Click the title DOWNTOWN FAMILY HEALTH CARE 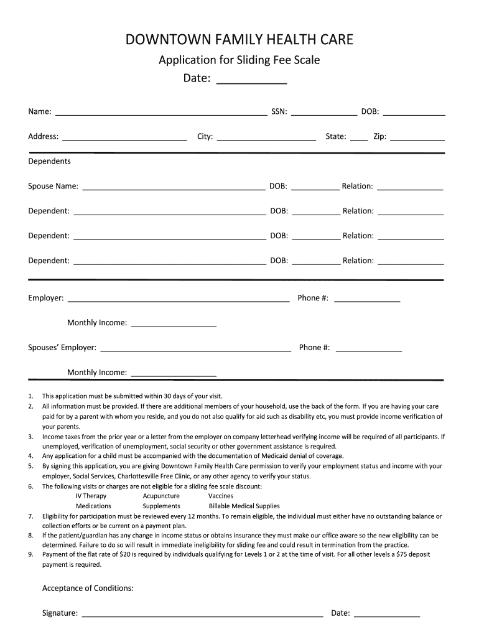(x=240, y=40)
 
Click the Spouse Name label (x=53, y=186)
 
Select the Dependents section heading (x=49, y=161)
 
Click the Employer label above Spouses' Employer (x=45, y=298)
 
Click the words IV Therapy (x=91, y=496)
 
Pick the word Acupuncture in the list (x=161, y=496)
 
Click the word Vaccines (x=221, y=496)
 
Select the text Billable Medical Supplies (x=244, y=506)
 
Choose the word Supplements (x=161, y=506)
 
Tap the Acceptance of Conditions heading (x=88, y=588)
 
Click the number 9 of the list (x=30, y=554)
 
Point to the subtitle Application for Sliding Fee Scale (x=240, y=60)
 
